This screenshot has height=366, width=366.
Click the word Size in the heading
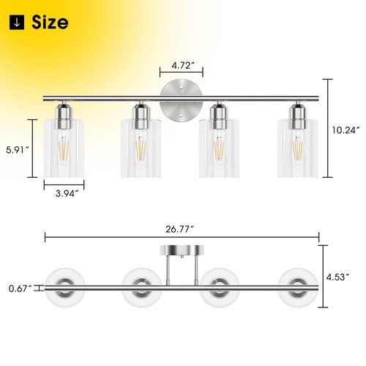(x=50, y=22)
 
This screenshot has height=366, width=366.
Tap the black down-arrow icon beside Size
(x=17, y=22)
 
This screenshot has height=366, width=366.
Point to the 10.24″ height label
(x=346, y=130)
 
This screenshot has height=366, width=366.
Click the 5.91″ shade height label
(x=18, y=149)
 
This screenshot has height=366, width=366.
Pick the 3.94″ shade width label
(x=67, y=193)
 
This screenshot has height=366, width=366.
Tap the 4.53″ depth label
(x=338, y=277)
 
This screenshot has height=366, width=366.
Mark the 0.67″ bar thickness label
(x=20, y=288)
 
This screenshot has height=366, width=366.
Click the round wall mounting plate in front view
(x=181, y=100)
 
